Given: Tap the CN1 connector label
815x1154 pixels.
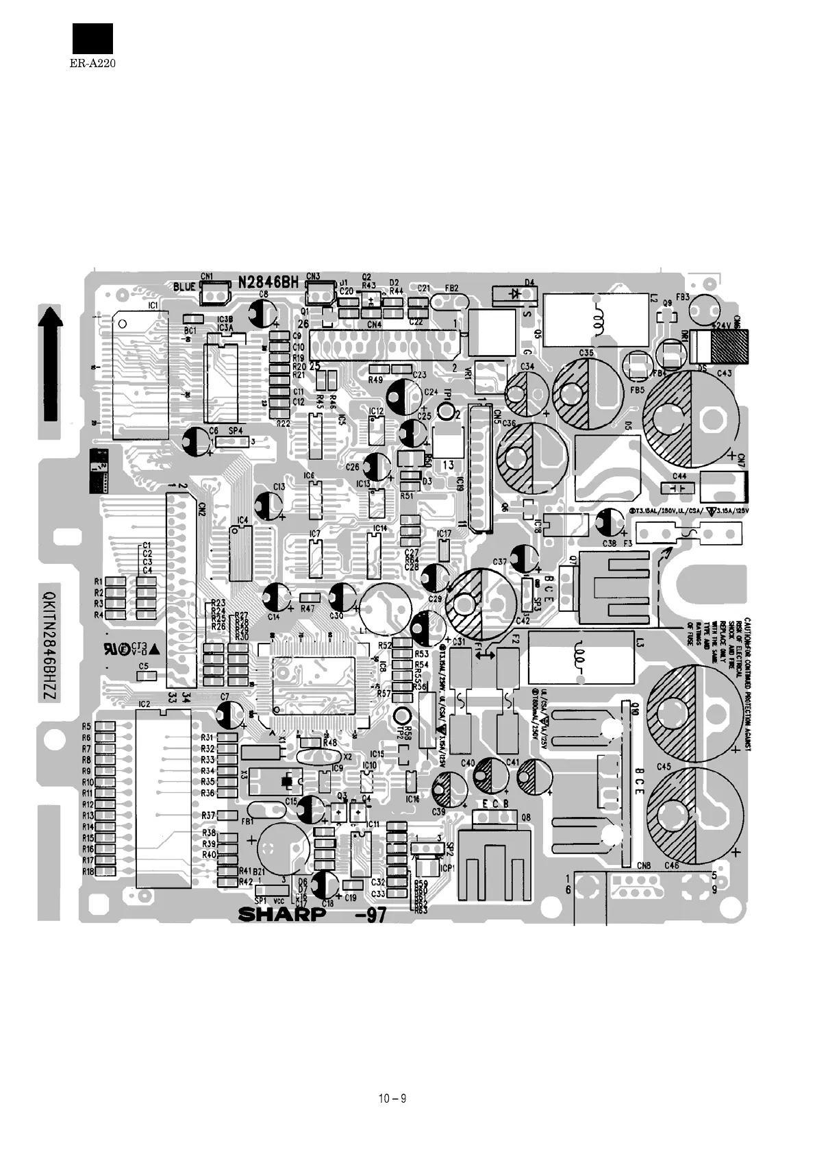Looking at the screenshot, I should click(207, 277).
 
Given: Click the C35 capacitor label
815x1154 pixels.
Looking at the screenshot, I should click(586, 353).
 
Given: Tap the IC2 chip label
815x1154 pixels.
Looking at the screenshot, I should click(144, 704).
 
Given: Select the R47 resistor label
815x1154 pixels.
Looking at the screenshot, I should click(308, 608).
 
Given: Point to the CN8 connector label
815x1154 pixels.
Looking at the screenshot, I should click(644, 865).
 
